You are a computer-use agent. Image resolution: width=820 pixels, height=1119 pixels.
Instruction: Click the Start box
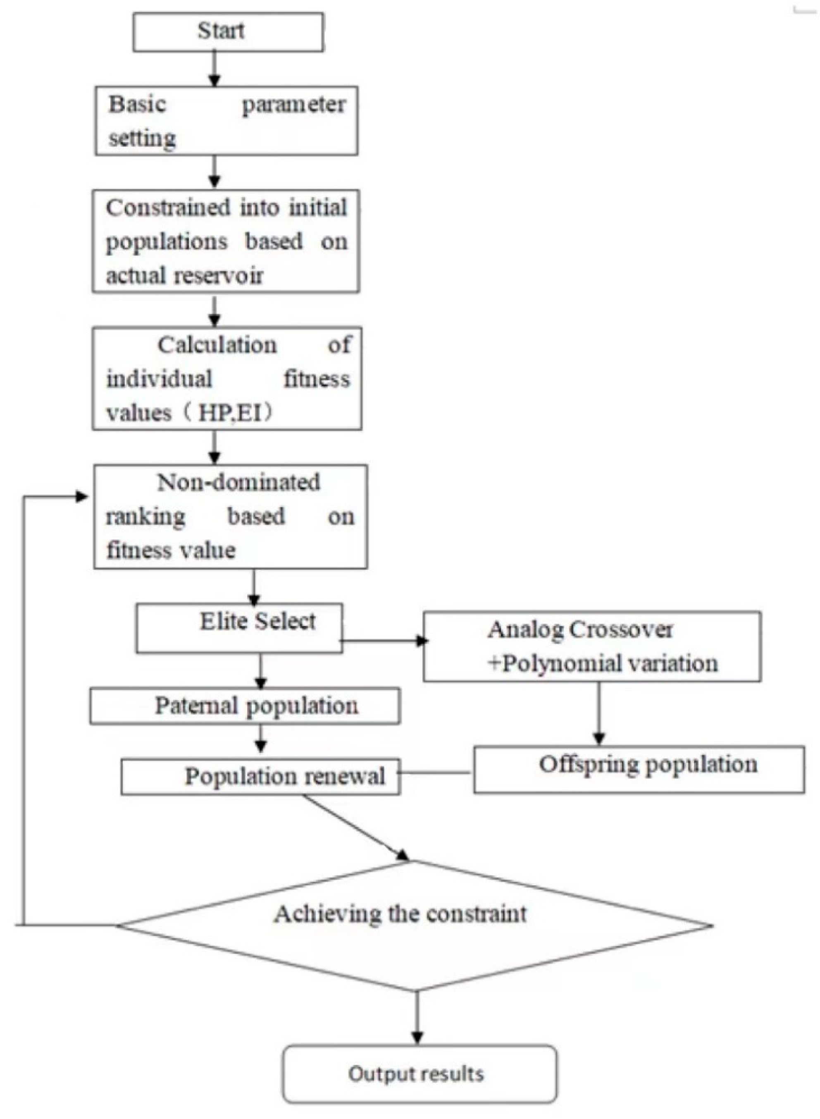(228, 32)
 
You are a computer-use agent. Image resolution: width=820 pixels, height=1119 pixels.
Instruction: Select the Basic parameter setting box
(226, 121)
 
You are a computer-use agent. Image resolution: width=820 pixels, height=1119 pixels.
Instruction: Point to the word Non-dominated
(238, 482)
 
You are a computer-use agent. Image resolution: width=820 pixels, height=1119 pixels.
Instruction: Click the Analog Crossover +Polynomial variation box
(592, 647)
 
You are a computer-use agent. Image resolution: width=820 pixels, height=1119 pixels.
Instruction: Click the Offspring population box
(639, 769)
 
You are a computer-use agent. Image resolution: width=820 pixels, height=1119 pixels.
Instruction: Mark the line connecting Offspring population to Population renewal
(437, 772)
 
